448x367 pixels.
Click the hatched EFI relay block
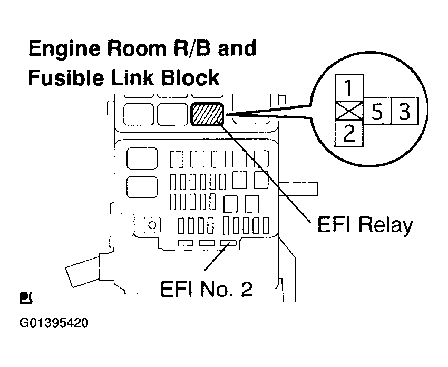click(x=208, y=114)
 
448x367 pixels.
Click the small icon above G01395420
click(x=26, y=299)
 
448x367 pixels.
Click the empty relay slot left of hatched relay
click(x=172, y=114)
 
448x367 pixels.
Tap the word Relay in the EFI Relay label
click(x=385, y=226)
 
